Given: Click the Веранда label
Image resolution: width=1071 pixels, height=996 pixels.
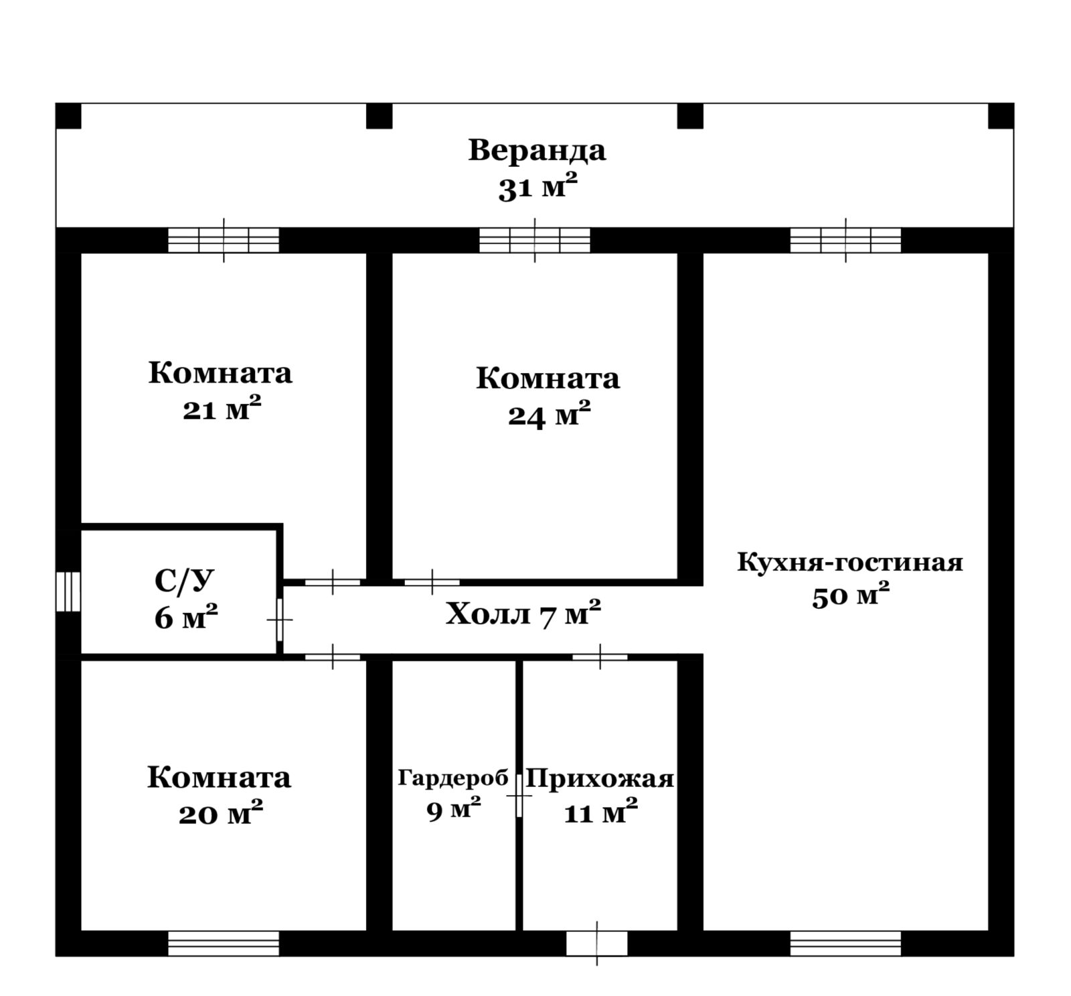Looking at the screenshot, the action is click(537, 150).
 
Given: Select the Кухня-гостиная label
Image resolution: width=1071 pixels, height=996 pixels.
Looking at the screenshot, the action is click(850, 562).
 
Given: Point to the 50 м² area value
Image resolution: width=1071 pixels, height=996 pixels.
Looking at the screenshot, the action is click(851, 595).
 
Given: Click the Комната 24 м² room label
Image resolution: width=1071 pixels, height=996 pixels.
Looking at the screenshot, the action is click(548, 397).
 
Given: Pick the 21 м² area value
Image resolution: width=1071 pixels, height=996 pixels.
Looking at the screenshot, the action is click(222, 409).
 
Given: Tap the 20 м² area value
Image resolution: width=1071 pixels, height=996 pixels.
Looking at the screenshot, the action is click(220, 813).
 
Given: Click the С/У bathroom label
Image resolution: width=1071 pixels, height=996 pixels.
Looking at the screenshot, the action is click(186, 581).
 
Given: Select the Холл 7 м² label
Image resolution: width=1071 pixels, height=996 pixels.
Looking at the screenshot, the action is click(523, 614).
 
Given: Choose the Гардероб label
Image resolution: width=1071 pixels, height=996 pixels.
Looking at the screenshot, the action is click(453, 778).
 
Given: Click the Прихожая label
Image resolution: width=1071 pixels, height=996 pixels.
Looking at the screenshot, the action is click(600, 779).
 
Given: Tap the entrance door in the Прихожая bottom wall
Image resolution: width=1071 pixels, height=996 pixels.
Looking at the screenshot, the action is click(597, 944).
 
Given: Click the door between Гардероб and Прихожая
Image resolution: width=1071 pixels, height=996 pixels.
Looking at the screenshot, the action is click(519, 796).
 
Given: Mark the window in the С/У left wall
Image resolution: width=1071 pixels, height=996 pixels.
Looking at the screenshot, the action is click(68, 591).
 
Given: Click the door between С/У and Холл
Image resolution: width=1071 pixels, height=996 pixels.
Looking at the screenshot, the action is click(280, 620).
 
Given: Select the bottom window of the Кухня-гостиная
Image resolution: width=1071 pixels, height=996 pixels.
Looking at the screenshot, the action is click(845, 943).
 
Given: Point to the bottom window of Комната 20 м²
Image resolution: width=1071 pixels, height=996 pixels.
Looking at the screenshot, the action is click(224, 943).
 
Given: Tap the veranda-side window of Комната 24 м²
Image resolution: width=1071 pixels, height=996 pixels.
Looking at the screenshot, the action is click(535, 240).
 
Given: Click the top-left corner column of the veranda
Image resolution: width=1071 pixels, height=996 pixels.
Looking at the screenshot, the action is click(68, 116).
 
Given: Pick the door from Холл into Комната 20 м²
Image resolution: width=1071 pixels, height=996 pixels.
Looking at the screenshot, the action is click(333, 657).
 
